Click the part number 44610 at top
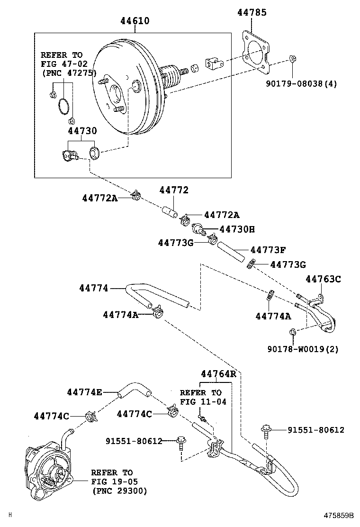135,21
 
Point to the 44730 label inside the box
82,131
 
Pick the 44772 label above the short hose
174,190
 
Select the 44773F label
268,250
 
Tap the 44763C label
323,279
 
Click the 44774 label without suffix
94,288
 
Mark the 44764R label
218,373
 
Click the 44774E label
84,392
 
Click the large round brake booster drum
126,90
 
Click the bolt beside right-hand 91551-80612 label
265,432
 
